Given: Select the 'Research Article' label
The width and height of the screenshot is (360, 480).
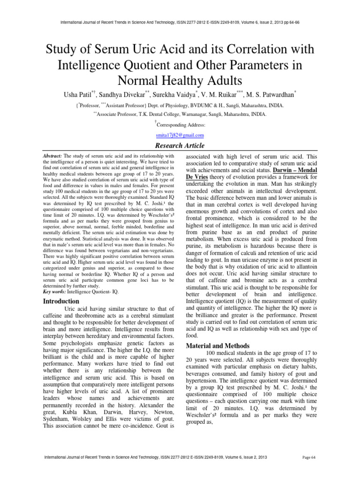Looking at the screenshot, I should tap(180, 145).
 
